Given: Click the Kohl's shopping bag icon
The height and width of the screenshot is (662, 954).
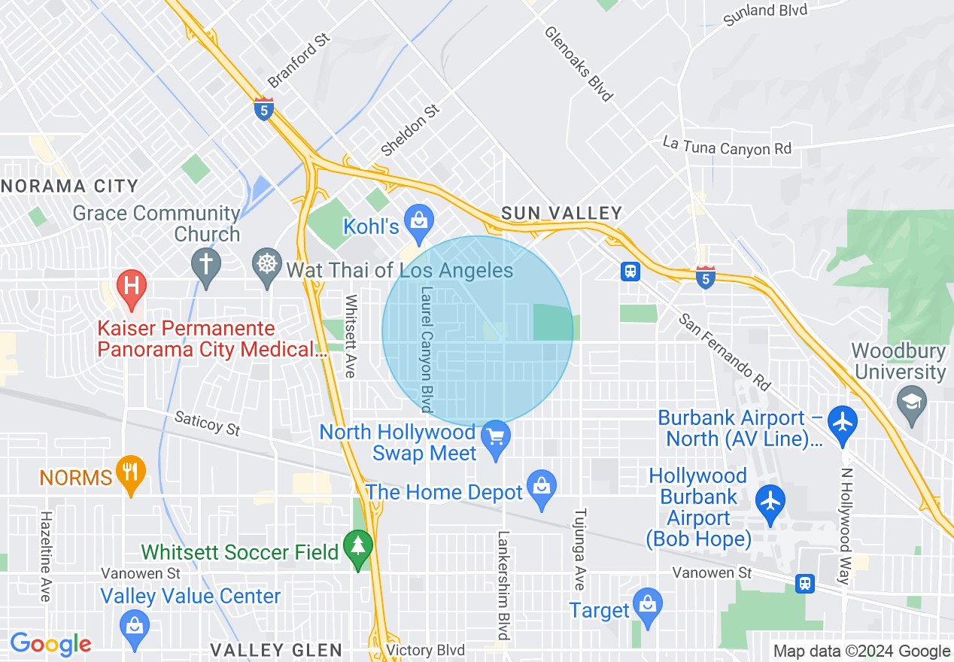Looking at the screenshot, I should (x=418, y=220).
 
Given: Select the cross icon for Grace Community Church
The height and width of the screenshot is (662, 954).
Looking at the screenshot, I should (x=205, y=265).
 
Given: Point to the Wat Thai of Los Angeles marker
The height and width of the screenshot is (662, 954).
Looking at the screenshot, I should (x=266, y=265).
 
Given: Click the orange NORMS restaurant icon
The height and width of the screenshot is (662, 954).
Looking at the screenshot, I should (x=131, y=472).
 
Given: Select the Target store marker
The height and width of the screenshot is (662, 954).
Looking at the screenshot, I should (x=646, y=604).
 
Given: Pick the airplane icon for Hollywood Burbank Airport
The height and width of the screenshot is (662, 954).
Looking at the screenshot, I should (x=770, y=500).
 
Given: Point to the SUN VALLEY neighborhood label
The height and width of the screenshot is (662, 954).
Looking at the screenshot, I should (x=561, y=214).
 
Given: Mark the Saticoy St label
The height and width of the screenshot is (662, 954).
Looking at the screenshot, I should (x=207, y=424).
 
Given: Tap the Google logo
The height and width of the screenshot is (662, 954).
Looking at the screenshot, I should (x=50, y=644).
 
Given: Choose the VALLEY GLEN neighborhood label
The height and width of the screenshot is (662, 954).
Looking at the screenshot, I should (x=276, y=650).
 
